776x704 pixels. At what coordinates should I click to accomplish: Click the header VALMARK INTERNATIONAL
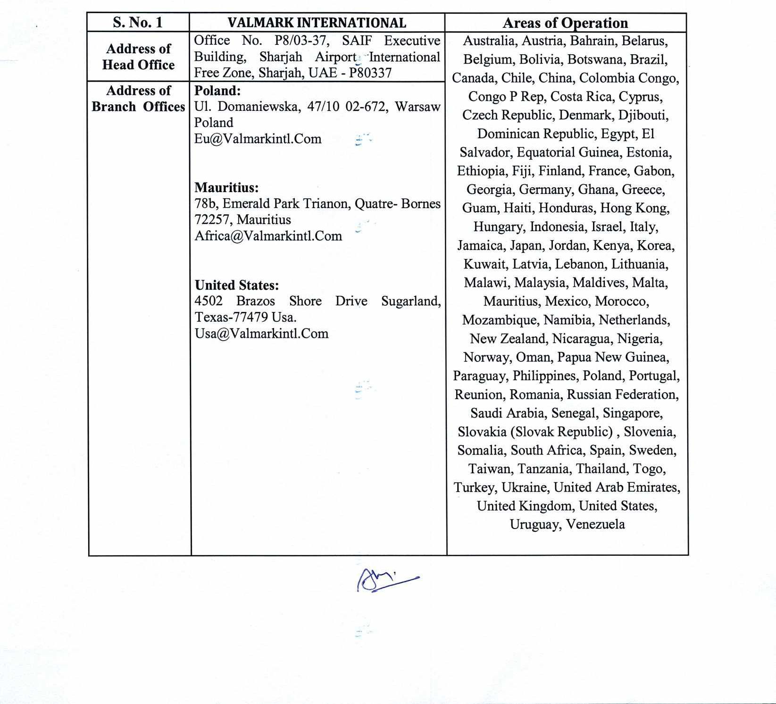(x=317, y=23)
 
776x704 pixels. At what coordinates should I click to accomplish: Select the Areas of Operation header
(x=565, y=23)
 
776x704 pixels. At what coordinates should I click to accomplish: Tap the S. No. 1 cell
(x=138, y=23)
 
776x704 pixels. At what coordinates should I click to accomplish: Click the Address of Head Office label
(x=138, y=57)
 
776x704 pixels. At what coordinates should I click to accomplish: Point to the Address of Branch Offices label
(x=138, y=99)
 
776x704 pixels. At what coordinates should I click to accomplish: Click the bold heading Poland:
(x=217, y=91)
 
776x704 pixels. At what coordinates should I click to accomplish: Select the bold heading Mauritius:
(x=226, y=188)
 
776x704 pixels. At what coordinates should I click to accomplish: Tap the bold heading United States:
(x=237, y=285)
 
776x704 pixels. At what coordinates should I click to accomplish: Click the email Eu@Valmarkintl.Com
(x=258, y=139)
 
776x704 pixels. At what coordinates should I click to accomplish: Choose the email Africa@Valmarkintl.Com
(x=268, y=236)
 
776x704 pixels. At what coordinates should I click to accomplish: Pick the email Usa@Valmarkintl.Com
(x=261, y=334)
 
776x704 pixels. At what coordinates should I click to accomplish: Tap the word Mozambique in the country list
(x=500, y=320)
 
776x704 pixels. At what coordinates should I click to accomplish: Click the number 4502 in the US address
(x=209, y=301)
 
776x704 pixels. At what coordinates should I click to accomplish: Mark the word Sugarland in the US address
(x=410, y=301)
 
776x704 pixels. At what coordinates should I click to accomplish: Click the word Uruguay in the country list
(x=535, y=524)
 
